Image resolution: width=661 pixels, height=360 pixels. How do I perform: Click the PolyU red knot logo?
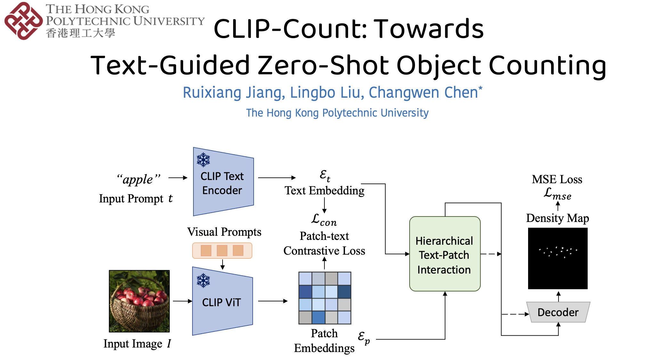pyautogui.click(x=23, y=21)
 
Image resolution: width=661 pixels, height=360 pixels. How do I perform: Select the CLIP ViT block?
pyautogui.click(x=222, y=302)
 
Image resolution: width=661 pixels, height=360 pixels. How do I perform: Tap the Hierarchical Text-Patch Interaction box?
pyautogui.click(x=445, y=254)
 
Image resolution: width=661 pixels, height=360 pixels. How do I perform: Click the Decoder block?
pyautogui.click(x=558, y=312)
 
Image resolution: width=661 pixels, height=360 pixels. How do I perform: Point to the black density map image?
pyautogui.click(x=558, y=258)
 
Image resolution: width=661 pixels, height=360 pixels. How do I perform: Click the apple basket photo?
pyautogui.click(x=139, y=301)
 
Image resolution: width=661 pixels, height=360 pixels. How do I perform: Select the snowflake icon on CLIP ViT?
pyautogui.click(x=203, y=281)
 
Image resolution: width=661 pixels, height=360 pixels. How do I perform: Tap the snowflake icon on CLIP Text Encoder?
pyautogui.click(x=203, y=160)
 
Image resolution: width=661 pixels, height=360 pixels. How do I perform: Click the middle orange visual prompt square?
pyautogui.click(x=222, y=250)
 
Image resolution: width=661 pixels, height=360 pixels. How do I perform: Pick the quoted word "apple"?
pyautogui.click(x=138, y=179)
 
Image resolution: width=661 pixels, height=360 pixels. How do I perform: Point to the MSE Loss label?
pyautogui.click(x=557, y=179)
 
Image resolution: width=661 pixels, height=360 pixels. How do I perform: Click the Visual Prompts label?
pyautogui.click(x=224, y=232)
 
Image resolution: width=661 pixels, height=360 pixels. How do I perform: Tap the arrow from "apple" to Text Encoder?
pyautogui.click(x=178, y=178)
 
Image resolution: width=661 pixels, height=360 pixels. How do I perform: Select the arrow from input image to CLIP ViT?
pyautogui.click(x=182, y=301)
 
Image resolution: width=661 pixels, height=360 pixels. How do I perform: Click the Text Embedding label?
pyautogui.click(x=324, y=191)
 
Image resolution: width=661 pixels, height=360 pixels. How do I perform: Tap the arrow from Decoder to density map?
pyautogui.click(x=558, y=296)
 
